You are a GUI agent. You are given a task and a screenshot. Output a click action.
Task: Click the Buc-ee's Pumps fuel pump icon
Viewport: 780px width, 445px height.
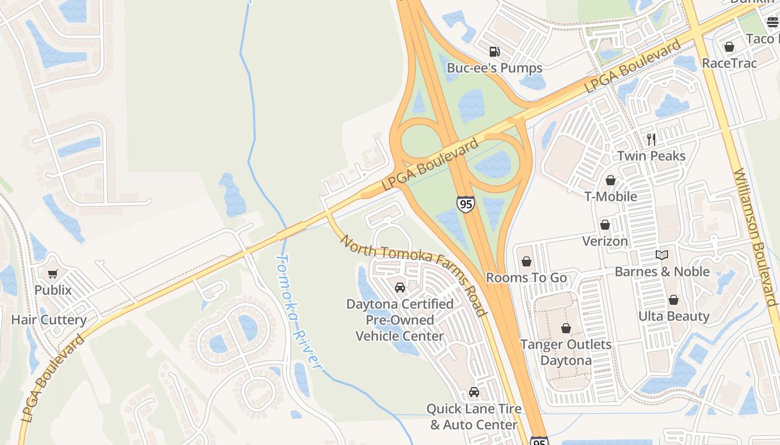(x=494, y=52)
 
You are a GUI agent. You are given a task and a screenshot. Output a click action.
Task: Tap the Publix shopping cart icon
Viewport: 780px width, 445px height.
(x=53, y=274)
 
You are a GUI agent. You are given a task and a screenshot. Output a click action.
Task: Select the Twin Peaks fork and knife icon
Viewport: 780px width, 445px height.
(x=651, y=139)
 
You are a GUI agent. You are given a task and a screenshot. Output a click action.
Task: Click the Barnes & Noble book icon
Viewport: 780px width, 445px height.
(x=662, y=255)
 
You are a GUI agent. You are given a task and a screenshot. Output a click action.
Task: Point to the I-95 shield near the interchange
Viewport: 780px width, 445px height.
(x=465, y=204)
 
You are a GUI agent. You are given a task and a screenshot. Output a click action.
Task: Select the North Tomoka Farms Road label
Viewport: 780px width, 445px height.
(x=413, y=275)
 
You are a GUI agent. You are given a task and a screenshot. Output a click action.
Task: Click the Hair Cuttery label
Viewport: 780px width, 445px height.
(x=49, y=320)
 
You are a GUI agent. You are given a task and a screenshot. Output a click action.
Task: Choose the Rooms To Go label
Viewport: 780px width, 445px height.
(x=526, y=278)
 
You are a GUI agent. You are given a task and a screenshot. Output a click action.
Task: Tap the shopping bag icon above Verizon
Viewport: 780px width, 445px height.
(x=605, y=225)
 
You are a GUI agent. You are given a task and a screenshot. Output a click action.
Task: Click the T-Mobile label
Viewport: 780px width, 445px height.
(x=611, y=196)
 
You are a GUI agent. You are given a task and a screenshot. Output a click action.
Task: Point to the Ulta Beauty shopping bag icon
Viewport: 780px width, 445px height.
(x=674, y=300)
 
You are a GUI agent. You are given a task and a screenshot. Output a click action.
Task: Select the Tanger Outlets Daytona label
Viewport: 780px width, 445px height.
(x=565, y=352)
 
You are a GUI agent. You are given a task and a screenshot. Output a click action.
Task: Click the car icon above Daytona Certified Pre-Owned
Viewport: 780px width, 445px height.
(x=399, y=288)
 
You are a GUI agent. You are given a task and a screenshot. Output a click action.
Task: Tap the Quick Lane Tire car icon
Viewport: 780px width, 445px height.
(x=474, y=392)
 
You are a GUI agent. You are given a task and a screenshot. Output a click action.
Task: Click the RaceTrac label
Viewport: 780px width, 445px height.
(x=729, y=63)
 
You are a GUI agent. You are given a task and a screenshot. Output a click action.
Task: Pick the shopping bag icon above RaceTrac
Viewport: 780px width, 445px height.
(x=729, y=47)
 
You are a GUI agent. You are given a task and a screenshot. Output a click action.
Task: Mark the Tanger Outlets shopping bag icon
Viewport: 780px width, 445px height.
(x=566, y=328)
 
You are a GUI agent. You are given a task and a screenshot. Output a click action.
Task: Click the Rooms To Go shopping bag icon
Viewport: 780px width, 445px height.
(x=526, y=261)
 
